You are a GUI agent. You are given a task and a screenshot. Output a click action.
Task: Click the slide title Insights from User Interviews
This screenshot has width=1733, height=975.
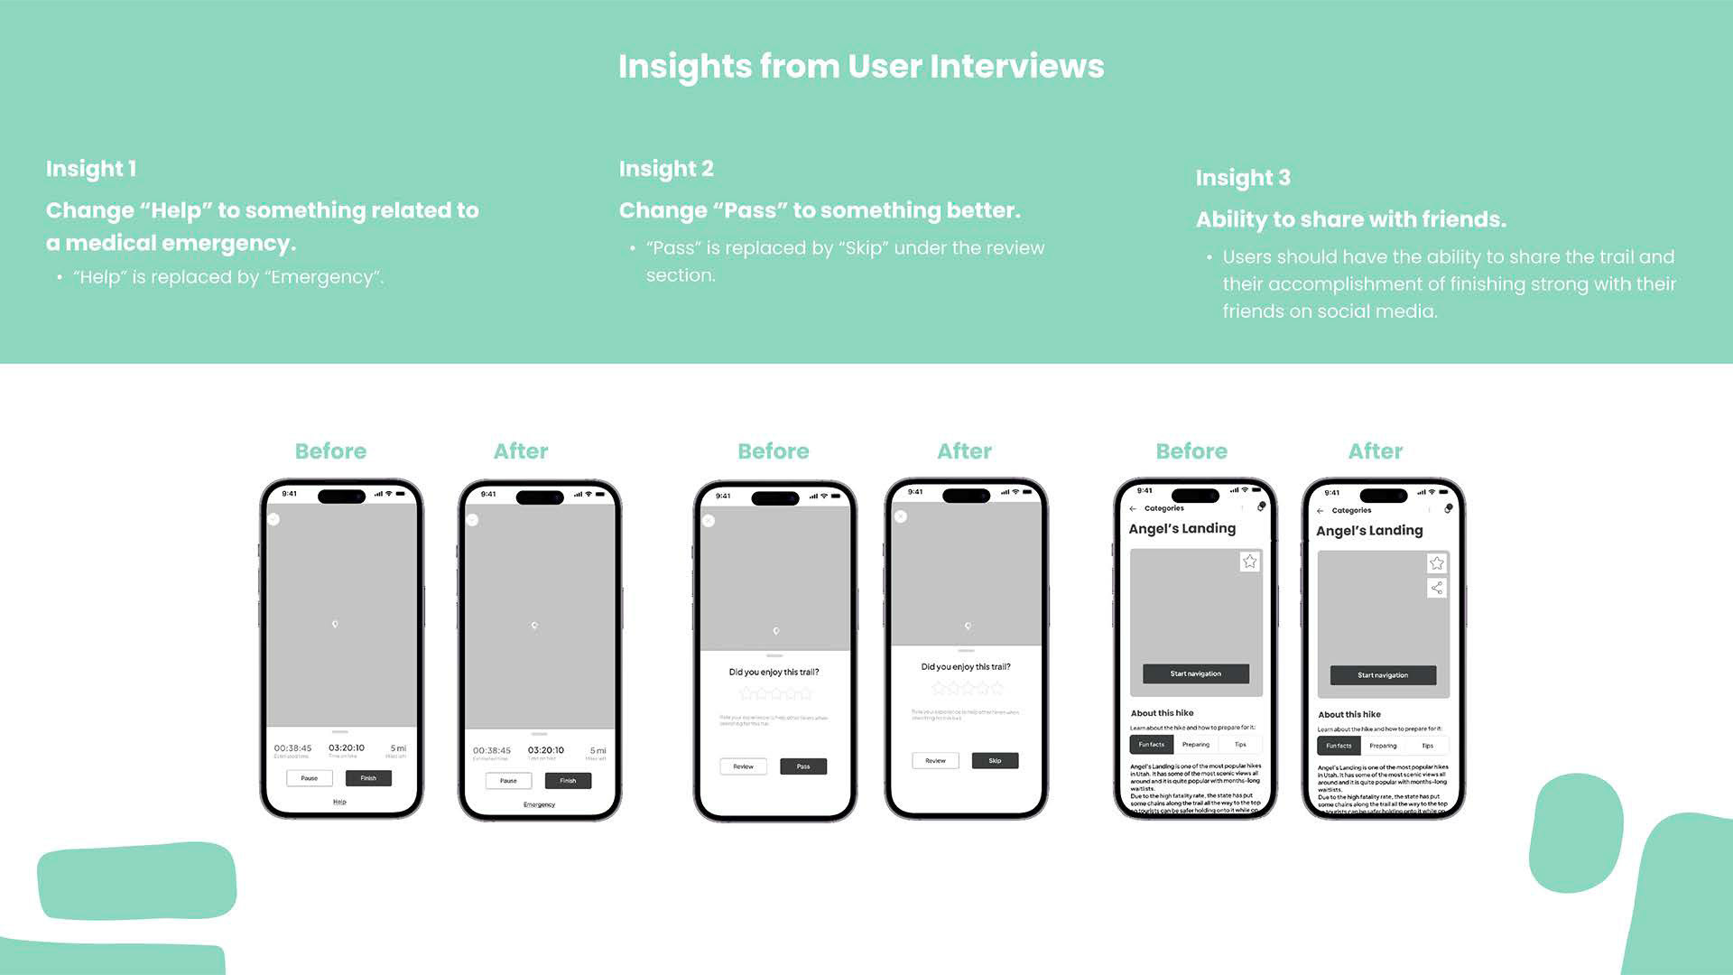861,67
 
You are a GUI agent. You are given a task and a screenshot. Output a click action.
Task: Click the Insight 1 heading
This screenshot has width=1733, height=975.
91,169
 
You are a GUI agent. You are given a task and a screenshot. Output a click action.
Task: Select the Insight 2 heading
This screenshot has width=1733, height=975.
666,169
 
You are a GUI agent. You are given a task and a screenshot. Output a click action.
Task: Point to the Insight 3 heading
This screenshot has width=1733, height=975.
1243,178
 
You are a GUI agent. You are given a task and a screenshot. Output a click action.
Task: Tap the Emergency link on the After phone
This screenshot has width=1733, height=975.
539,804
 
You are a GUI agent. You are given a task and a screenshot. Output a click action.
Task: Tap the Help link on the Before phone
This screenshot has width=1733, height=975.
339,802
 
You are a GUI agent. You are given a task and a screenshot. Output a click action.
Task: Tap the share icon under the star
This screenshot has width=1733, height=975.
1436,588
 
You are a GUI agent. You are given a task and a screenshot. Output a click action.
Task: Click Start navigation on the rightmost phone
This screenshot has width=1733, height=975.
1383,675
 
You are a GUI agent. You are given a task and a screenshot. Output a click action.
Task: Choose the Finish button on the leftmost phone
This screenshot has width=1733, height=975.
368,778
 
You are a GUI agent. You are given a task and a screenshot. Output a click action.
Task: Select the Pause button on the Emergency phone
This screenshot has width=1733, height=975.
508,781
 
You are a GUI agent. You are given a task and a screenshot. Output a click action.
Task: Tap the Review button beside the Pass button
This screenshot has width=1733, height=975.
743,766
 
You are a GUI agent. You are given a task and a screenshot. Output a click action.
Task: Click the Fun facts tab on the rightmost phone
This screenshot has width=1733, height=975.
1339,746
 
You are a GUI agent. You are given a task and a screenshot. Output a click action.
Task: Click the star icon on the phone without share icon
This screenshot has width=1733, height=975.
1249,562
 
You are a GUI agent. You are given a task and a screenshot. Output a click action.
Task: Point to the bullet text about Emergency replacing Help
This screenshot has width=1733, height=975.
228,277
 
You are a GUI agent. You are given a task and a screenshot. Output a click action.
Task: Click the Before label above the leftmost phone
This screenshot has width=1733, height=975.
330,451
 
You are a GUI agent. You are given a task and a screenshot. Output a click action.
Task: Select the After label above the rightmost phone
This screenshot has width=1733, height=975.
1375,451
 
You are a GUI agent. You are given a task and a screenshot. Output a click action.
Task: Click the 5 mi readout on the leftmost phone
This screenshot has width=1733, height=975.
398,748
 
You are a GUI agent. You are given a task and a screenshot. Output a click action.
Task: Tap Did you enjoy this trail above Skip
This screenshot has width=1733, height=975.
965,667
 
